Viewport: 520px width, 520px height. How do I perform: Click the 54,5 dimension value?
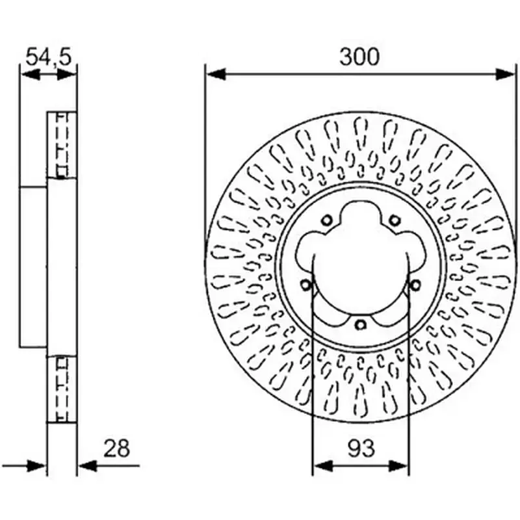pyautogui.click(x=48, y=57)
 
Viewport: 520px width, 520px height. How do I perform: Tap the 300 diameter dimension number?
pyautogui.click(x=359, y=57)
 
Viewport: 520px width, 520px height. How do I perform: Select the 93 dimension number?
pyautogui.click(x=361, y=448)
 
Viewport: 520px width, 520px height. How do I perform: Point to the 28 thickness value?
pyautogui.click(x=117, y=448)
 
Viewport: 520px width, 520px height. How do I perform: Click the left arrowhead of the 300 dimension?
pyautogui.click(x=216, y=74)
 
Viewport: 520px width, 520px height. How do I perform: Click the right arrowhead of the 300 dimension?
pyautogui.click(x=505, y=74)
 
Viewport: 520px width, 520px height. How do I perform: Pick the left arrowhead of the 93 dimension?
pyautogui.click(x=322, y=466)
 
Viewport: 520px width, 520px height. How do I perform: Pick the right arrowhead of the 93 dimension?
pyautogui.click(x=398, y=466)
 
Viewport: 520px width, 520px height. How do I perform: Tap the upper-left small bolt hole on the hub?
pyautogui.click(x=327, y=220)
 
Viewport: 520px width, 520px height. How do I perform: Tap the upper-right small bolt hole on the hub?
pyautogui.click(x=395, y=220)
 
